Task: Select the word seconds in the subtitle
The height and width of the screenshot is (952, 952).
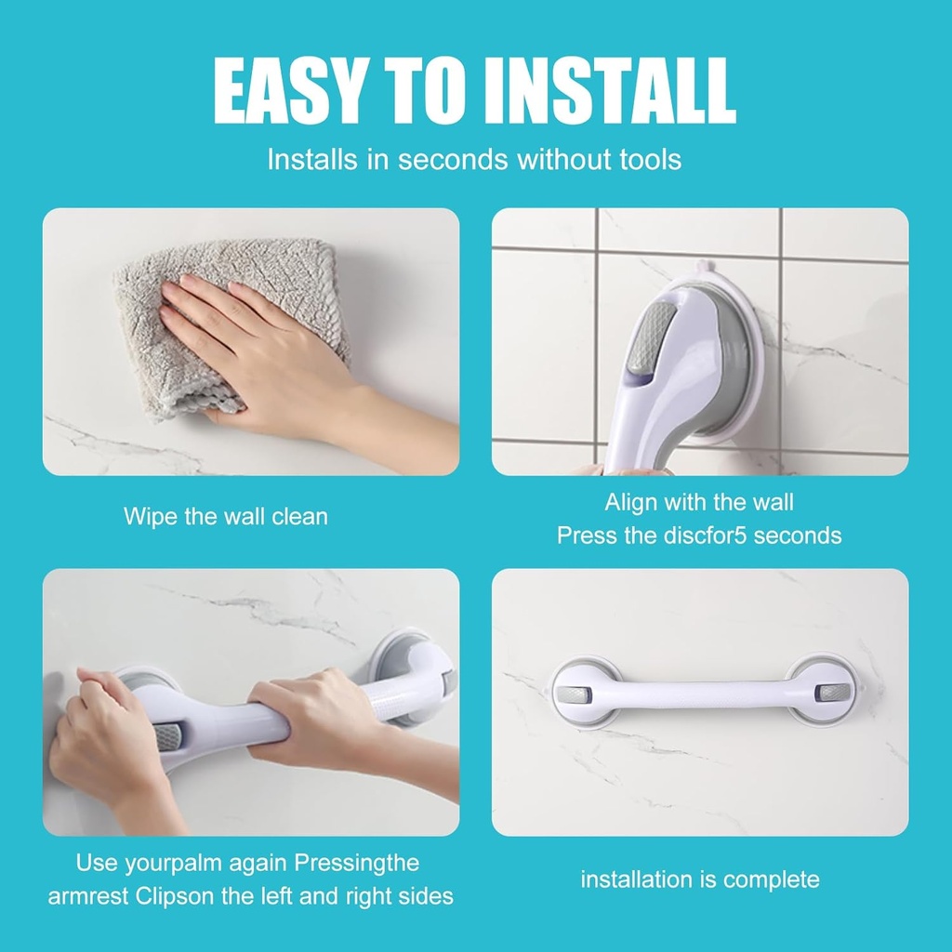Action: click(x=454, y=159)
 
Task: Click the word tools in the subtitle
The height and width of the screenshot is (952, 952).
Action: click(x=650, y=159)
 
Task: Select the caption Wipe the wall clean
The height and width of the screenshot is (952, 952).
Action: click(x=226, y=516)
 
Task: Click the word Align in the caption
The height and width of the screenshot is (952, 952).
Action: click(x=631, y=503)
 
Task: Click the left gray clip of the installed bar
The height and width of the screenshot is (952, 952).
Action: click(x=571, y=694)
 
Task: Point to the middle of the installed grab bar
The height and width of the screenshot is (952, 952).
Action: click(x=699, y=694)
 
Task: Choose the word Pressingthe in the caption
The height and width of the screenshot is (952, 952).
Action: click(x=357, y=863)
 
